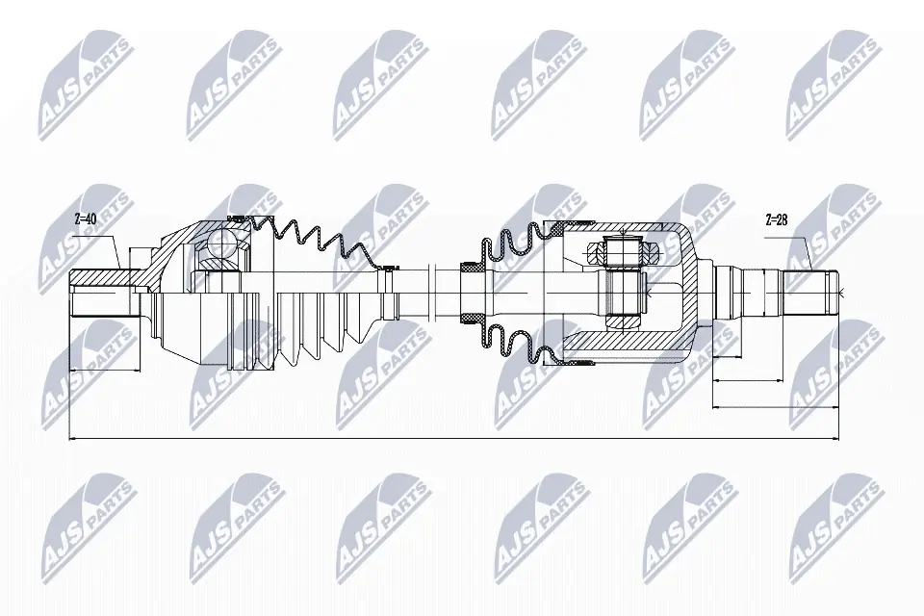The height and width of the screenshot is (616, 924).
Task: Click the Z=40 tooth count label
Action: point(86,218)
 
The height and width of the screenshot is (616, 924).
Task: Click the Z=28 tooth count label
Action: point(777,218)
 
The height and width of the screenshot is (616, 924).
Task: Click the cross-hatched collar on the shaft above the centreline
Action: point(474,269)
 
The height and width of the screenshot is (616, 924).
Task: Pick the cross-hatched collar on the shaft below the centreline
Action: point(474,317)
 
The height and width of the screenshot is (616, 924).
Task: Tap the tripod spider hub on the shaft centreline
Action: point(623,289)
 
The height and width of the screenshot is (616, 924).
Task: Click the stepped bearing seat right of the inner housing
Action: point(741,287)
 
